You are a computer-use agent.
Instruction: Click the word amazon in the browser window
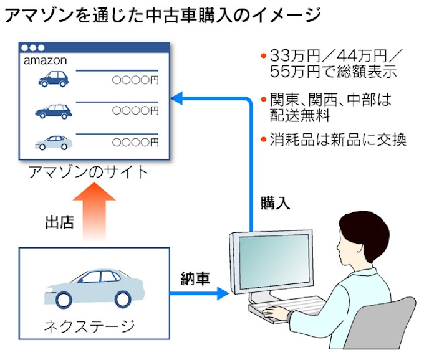(x=45, y=61)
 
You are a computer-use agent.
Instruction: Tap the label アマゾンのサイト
(x=89, y=172)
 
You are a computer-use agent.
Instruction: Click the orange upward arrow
(x=93, y=212)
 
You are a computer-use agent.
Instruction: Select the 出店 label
(x=60, y=222)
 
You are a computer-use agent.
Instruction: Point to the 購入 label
(x=276, y=203)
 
